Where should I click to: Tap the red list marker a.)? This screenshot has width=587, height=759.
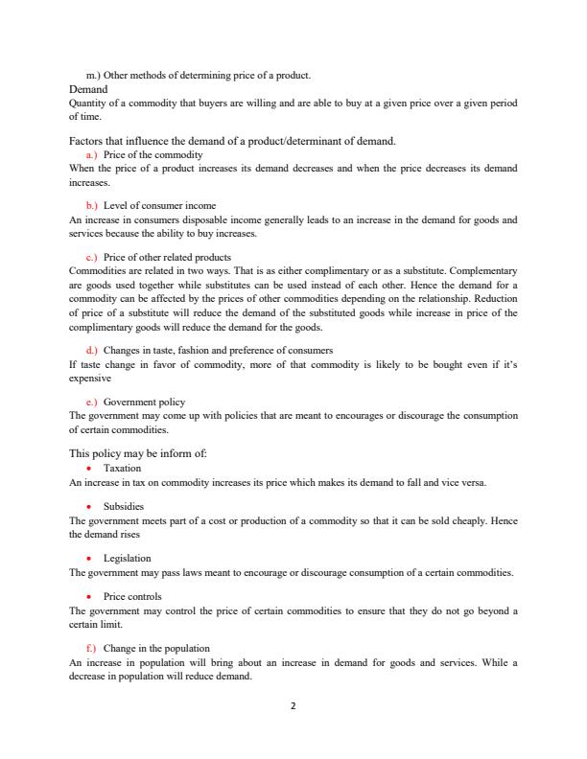pos(92,154)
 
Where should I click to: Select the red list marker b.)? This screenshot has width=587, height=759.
pos(92,205)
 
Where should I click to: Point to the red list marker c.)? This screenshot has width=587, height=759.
pos(92,257)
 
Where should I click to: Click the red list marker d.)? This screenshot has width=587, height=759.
pos(92,350)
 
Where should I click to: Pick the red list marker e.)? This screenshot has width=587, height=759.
pos(92,402)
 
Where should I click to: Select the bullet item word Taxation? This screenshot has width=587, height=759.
pos(122,469)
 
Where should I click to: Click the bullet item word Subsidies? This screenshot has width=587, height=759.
pos(124,506)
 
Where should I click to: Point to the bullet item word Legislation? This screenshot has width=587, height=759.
pos(127,558)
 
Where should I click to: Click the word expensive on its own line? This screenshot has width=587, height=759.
pos(90,378)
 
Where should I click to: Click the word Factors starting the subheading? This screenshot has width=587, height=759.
pos(90,141)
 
